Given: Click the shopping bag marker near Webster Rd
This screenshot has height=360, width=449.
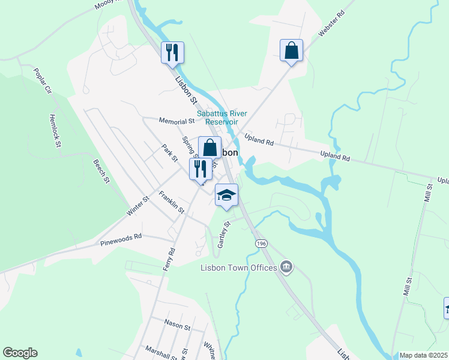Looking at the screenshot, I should (291, 50).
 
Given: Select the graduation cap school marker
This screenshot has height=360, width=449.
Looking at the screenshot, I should (227, 196).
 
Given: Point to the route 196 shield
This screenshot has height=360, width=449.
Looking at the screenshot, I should (261, 243).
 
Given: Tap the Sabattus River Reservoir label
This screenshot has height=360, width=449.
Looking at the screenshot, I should (218, 118).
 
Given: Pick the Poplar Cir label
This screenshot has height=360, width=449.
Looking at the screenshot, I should (43, 82).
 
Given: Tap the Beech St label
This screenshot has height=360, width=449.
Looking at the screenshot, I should (101, 172).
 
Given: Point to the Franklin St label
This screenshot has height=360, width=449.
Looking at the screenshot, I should (171, 202).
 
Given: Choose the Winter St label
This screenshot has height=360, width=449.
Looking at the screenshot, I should (137, 206).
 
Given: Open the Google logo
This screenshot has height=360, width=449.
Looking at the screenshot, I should (20, 353).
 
